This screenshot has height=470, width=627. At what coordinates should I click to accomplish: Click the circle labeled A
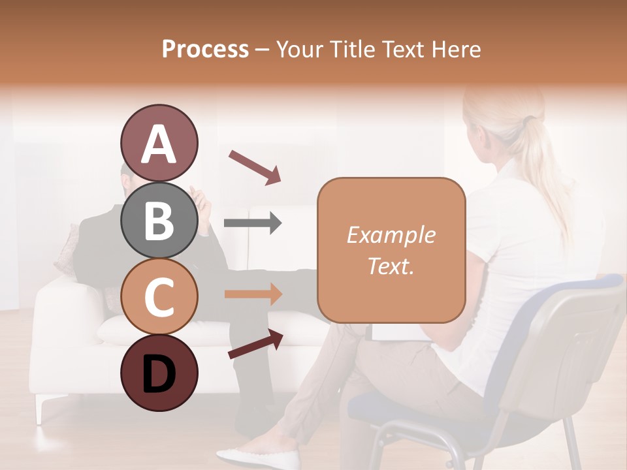click(159, 144)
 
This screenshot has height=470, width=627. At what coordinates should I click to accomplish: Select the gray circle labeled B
click(159, 221)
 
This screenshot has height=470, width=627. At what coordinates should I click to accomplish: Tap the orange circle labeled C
click(159, 297)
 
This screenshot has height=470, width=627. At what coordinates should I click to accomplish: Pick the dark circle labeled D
click(159, 373)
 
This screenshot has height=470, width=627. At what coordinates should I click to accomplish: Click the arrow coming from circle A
click(255, 166)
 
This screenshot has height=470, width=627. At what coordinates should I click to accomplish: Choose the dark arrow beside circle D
click(255, 344)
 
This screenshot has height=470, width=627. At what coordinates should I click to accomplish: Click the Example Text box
click(391, 250)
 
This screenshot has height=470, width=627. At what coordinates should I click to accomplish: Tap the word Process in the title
click(205, 49)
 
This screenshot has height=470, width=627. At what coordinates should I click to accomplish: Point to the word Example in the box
click(391, 235)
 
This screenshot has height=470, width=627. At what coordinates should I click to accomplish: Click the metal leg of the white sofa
click(40, 409)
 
